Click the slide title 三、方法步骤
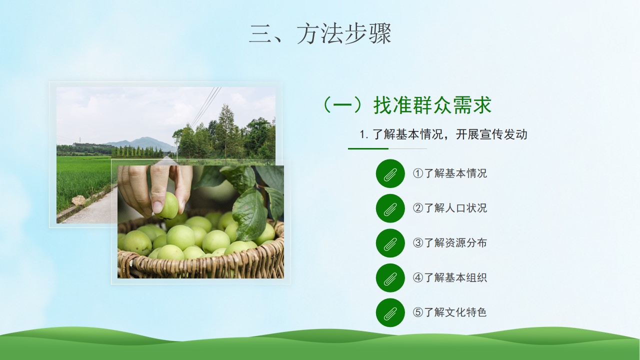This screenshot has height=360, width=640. point(320,33)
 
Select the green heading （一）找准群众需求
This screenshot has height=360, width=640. point(407,105)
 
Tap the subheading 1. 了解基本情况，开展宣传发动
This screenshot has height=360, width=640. point(443,134)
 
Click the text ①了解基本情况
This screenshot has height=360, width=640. point(449,173)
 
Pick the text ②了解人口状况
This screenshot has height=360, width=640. point(449,208)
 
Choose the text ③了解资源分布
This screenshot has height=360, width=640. point(449,243)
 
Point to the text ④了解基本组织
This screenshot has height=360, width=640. point(449,277)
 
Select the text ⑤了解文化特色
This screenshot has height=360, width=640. point(449,312)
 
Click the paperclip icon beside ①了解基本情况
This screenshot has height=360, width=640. point(390,173)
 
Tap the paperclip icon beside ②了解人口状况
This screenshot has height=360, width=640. point(390,208)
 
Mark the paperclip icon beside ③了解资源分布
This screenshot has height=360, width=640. point(390,243)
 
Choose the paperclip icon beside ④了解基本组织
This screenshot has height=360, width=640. point(390,278)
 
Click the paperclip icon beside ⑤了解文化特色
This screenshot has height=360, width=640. point(390,312)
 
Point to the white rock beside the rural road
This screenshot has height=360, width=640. point(78,200)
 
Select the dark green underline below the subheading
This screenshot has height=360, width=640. point(368,148)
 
